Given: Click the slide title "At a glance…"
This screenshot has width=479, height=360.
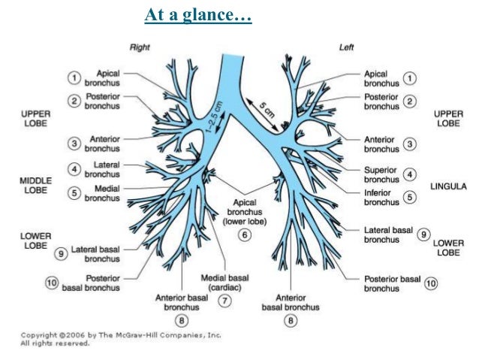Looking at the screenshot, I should pos(198,14).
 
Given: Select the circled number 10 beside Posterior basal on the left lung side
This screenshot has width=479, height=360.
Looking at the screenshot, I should pos(430,283).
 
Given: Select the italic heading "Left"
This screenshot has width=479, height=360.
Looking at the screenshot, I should pos(346,47).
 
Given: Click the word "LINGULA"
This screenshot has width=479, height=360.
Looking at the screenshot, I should pos(449,186).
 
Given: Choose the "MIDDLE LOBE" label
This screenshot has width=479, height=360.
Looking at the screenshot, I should pos(35,186).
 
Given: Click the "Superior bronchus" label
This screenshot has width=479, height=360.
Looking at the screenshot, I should pos(381,174).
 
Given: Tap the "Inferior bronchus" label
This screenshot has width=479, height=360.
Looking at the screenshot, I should pos(381,197).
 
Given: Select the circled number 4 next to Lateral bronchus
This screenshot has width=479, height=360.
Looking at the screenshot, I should pos(74,168).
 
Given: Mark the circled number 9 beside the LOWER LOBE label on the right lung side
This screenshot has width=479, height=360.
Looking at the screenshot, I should pos(61,254).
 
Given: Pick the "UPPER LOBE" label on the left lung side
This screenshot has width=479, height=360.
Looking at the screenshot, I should pos(449,119).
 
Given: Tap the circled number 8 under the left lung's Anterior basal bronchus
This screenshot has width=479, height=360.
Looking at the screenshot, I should pos(291,321).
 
